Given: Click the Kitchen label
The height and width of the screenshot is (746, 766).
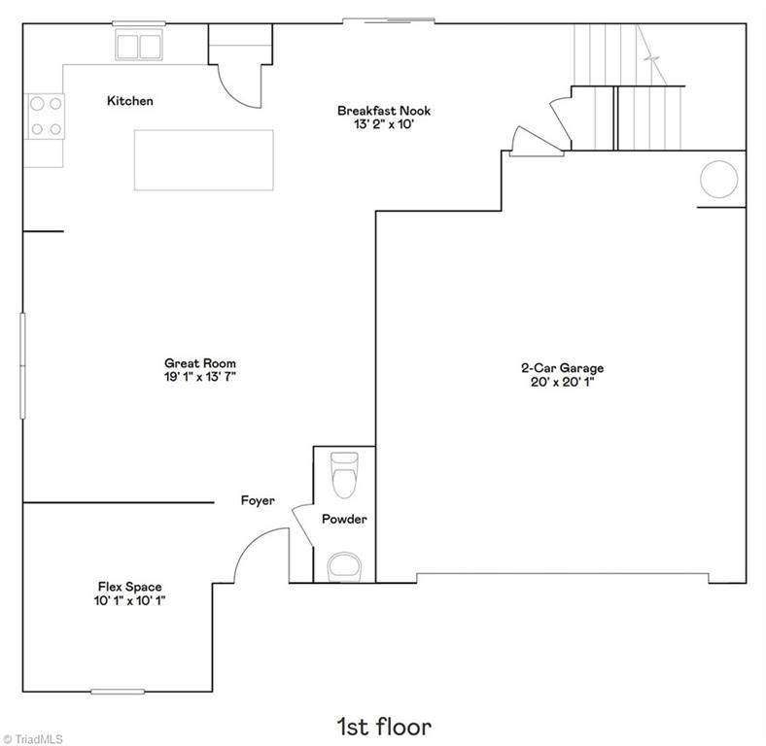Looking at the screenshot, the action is click(x=130, y=101).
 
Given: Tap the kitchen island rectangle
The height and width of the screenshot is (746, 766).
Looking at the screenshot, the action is click(x=204, y=160).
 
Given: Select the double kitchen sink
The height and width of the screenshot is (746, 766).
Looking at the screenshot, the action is click(x=139, y=46).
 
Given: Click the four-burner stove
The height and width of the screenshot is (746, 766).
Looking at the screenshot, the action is click(x=46, y=117).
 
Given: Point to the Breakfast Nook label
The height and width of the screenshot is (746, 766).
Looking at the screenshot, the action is click(x=384, y=111).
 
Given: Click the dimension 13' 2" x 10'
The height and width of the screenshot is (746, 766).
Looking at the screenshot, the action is click(x=384, y=124).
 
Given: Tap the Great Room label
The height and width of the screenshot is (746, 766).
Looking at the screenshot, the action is click(x=200, y=363).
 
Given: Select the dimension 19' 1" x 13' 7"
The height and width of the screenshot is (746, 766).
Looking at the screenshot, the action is click(x=200, y=377).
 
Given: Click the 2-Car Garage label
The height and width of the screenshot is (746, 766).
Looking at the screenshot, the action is click(x=562, y=368).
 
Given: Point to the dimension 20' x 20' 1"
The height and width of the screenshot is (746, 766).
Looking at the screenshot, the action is click(x=562, y=382).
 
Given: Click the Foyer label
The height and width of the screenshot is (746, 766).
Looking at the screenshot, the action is click(x=258, y=500).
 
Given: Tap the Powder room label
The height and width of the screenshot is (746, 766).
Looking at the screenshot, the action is click(x=344, y=519).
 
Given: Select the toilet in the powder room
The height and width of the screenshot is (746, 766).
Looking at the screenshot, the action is click(x=345, y=475).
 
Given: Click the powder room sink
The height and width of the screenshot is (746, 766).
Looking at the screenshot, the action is click(x=344, y=567).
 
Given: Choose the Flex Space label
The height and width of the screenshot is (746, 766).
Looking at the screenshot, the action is click(x=130, y=587).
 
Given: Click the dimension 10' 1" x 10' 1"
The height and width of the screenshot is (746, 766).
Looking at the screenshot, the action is click(x=130, y=600).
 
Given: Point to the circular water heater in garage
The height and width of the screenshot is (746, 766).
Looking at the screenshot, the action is click(x=718, y=179).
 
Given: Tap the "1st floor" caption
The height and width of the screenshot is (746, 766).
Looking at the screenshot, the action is click(x=384, y=727).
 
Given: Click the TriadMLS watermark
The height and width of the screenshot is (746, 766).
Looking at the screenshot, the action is click(x=32, y=739).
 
